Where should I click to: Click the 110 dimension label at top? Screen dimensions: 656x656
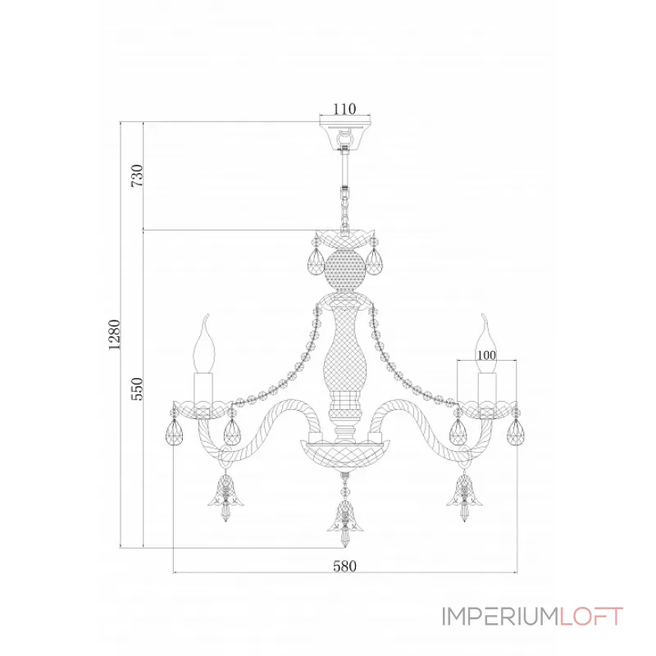344,109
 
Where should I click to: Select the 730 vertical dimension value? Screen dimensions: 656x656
137,175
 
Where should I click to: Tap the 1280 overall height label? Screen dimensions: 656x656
114,335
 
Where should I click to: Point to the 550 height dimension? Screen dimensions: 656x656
137,389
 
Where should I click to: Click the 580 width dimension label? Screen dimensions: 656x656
344,566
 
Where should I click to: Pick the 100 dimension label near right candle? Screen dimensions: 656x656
486,355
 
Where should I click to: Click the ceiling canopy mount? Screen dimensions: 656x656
345,136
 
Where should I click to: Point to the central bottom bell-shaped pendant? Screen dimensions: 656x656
345,519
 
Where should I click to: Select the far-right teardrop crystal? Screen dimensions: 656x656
516,432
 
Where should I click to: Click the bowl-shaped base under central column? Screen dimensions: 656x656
345,455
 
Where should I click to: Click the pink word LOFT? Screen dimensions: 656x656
590,617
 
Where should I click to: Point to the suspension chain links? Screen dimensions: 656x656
344,209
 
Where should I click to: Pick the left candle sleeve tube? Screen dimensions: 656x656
203,388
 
